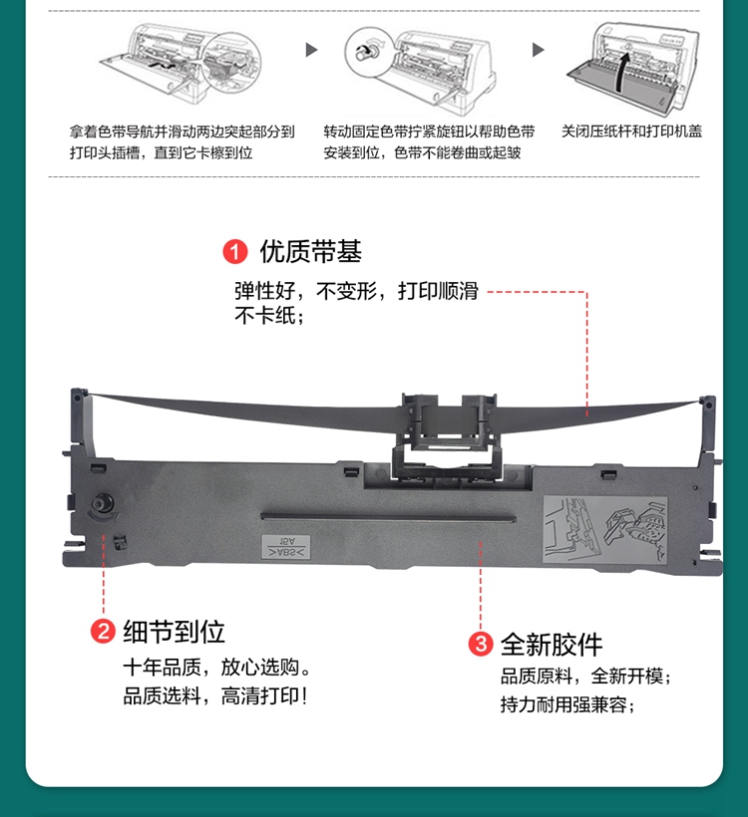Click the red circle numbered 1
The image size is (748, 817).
234,252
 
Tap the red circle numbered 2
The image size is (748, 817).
103,631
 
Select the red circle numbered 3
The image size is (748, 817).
481,644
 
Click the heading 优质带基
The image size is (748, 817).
311,252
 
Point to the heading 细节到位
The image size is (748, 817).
174,632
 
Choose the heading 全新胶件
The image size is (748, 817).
552,645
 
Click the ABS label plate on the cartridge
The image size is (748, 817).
286,547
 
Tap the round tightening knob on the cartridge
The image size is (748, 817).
103,503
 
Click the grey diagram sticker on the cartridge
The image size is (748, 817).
605,529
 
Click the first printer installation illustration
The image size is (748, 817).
181,63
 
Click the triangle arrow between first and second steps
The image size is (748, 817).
311,50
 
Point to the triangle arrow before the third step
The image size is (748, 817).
539,50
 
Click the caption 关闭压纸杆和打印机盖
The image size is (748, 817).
631,132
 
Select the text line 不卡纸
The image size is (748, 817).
268,316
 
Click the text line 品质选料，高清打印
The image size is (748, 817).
214,696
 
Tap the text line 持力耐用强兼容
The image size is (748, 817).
567,705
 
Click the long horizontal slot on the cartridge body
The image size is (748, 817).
388,517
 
